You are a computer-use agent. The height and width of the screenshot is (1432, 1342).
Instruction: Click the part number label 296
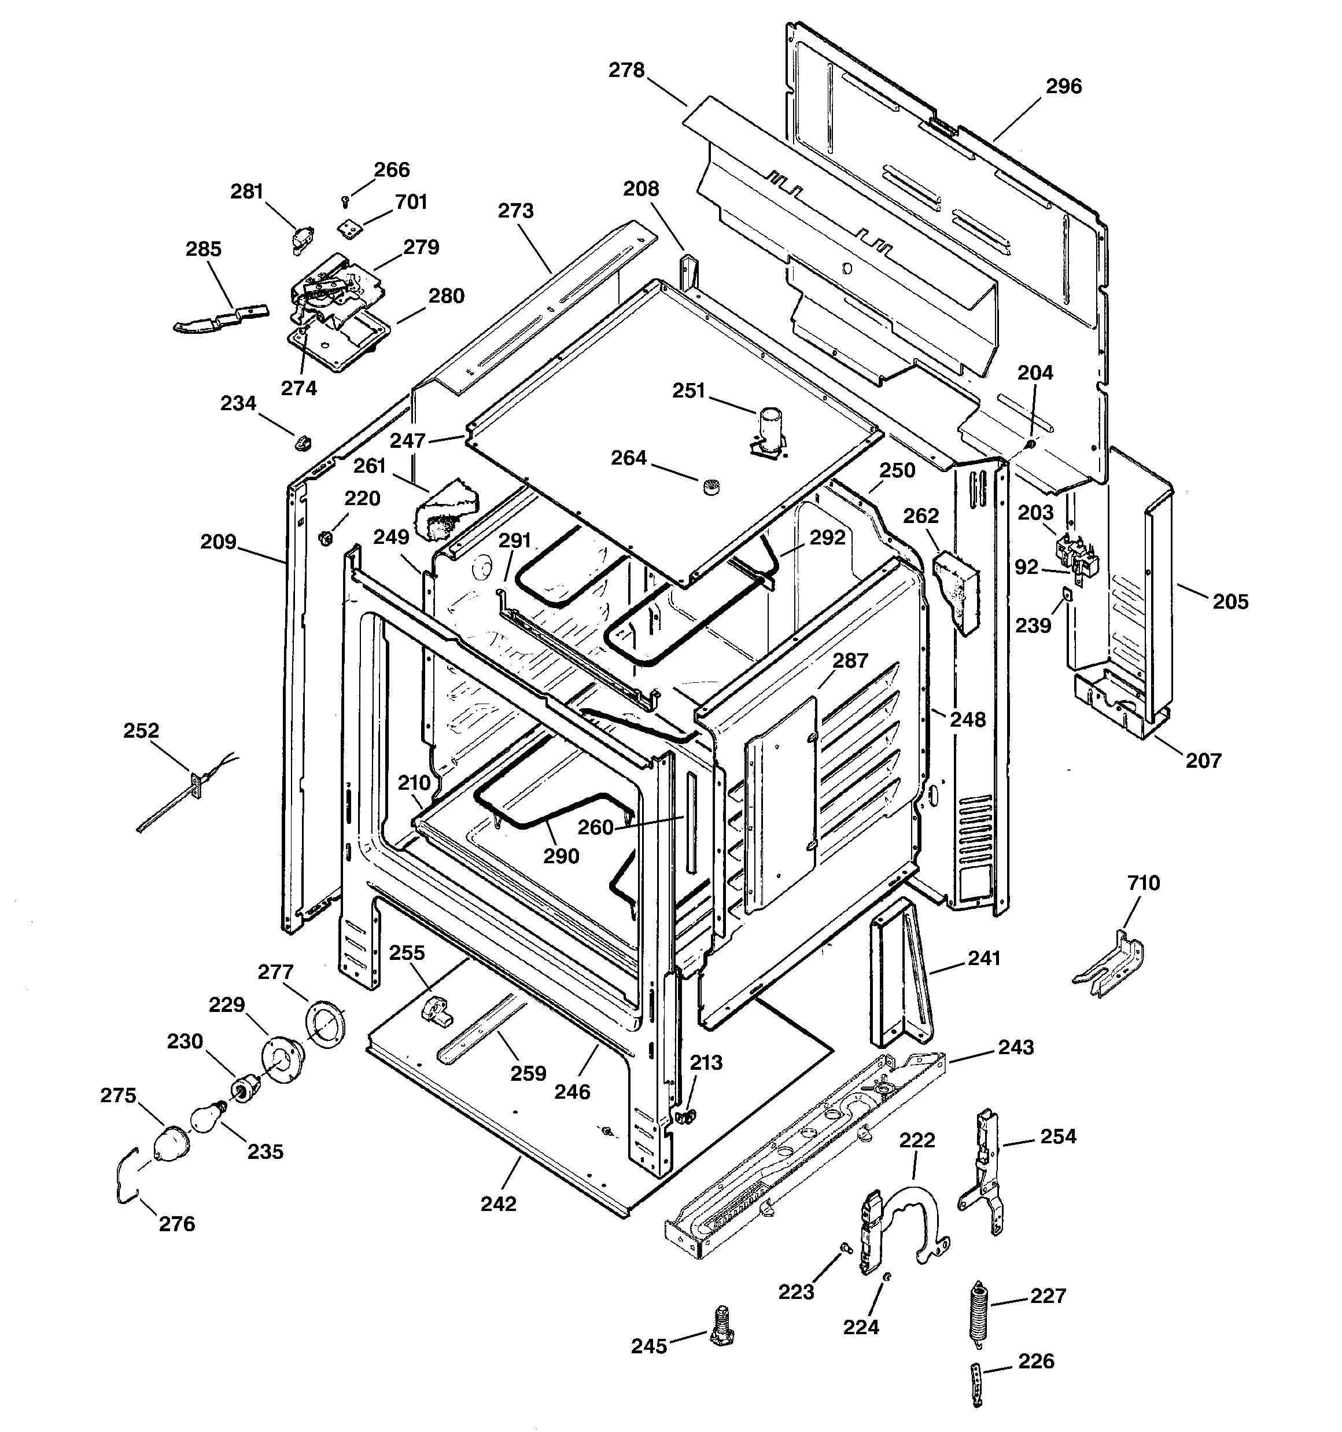tap(1063, 86)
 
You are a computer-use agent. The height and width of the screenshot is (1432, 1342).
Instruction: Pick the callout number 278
tap(626, 71)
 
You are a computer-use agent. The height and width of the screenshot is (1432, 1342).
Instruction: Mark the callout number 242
tap(499, 1203)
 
